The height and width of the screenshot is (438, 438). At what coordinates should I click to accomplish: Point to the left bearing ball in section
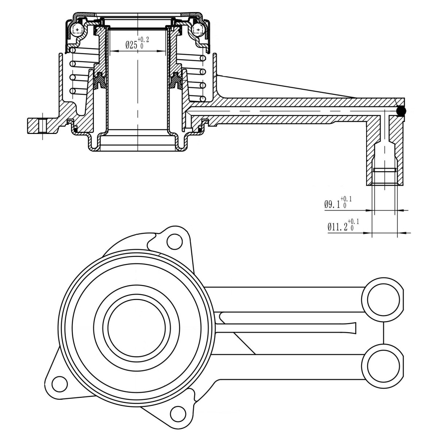(x=77, y=29)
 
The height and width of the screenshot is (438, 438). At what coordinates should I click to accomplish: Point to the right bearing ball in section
(x=198, y=29)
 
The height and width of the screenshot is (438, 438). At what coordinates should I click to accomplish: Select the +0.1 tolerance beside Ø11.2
(x=353, y=222)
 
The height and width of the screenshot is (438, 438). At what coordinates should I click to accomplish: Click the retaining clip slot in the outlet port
(x=385, y=170)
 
